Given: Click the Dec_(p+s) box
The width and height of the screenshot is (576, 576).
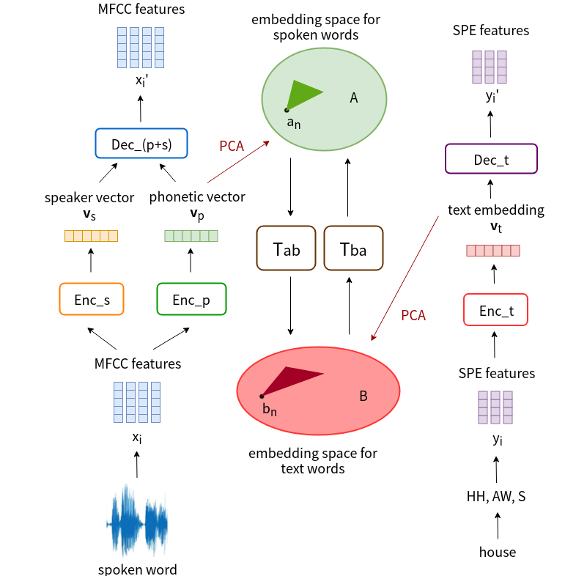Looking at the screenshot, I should pyautogui.click(x=141, y=144).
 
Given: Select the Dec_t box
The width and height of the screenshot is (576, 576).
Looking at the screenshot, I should pyautogui.click(x=491, y=159).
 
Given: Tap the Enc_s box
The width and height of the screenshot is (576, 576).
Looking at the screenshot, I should pyautogui.click(x=92, y=299).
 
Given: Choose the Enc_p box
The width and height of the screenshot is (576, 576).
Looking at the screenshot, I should pyautogui.click(x=191, y=299).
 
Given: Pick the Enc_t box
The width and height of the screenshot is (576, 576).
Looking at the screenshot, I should pyautogui.click(x=495, y=310).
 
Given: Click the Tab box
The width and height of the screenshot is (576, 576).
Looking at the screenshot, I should pyautogui.click(x=286, y=248).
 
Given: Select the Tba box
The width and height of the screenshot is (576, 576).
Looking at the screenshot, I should pyautogui.click(x=353, y=248).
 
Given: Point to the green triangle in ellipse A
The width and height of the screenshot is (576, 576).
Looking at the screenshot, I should pyautogui.click(x=301, y=94).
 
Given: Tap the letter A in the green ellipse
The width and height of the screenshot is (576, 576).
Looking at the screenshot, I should pyautogui.click(x=354, y=97).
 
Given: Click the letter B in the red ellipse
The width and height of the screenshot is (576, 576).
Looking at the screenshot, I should pyautogui.click(x=363, y=396).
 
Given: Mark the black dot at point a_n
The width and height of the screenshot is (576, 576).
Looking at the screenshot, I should pyautogui.click(x=287, y=110).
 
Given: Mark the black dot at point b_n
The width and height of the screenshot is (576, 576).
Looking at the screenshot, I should pyautogui.click(x=262, y=396).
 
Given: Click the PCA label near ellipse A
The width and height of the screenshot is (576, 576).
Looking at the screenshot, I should pyautogui.click(x=232, y=146).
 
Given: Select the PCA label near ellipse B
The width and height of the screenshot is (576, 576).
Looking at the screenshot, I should pyautogui.click(x=413, y=315).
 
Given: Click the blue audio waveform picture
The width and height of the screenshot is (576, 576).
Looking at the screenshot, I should pyautogui.click(x=137, y=520).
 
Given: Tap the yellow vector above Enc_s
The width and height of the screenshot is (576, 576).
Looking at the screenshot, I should pyautogui.click(x=91, y=236).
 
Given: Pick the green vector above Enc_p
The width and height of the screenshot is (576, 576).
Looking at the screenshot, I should pyautogui.click(x=191, y=236).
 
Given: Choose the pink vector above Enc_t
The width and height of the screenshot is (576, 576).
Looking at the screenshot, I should pyautogui.click(x=493, y=251).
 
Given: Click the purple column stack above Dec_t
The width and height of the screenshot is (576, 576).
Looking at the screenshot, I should pyautogui.click(x=490, y=67).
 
